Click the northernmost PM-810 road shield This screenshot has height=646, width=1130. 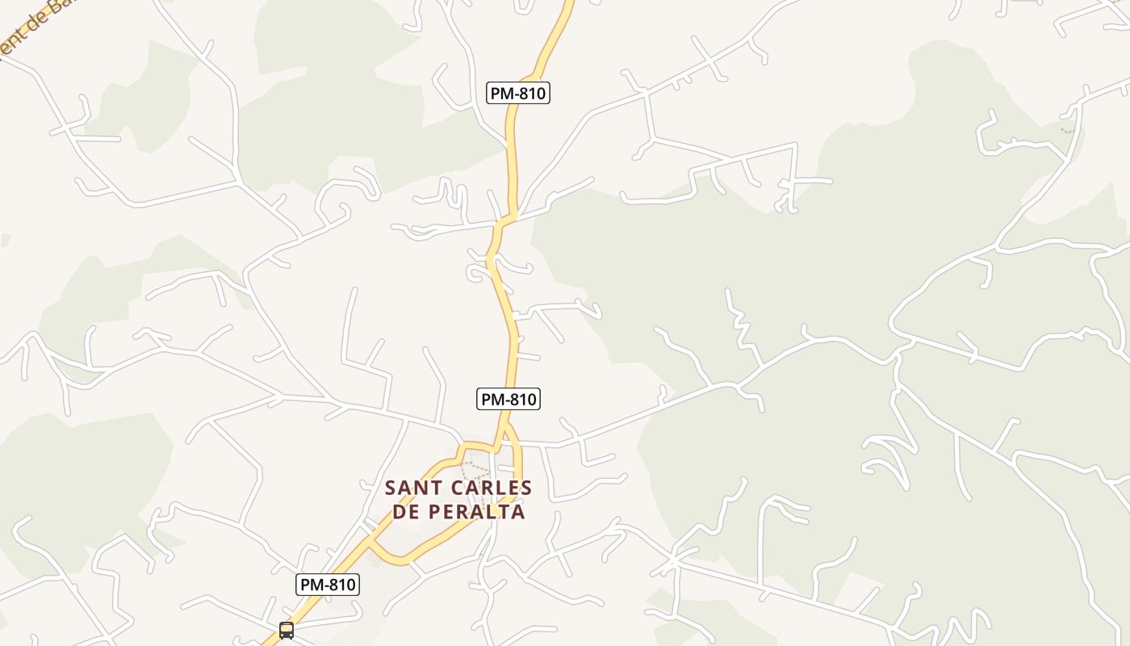pos(518,93)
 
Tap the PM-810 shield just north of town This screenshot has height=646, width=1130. pos(508,399)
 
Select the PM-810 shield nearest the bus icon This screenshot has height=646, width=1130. pos(327,585)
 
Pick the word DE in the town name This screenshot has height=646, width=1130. pos(406,512)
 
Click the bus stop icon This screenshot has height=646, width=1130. pos(287,630)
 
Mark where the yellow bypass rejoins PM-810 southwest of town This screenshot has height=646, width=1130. pos(371,539)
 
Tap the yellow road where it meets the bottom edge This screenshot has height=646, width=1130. pos(265,643)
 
